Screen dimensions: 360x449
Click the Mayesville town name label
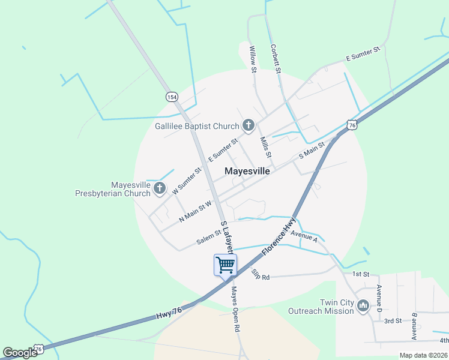click(x=247, y=171)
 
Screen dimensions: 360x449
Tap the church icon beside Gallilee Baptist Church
click(x=248, y=125)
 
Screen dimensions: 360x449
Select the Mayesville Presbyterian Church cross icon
click(x=159, y=189)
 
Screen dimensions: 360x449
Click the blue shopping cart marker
click(x=225, y=264)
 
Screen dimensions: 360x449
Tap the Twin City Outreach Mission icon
click(x=363, y=307)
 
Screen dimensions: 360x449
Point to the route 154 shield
click(x=172, y=97)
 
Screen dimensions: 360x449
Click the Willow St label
click(x=253, y=60)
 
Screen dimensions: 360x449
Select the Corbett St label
click(x=276, y=59)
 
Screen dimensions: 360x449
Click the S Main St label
click(x=312, y=151)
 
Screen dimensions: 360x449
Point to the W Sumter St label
click(x=187, y=181)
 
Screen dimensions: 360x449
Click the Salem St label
click(x=209, y=237)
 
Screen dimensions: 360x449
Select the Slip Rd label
click(x=261, y=275)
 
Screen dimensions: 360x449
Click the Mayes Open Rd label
click(x=235, y=310)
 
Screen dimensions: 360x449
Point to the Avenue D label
click(x=379, y=298)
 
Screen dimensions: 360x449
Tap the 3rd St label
click(x=393, y=321)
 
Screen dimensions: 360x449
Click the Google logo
click(x=20, y=353)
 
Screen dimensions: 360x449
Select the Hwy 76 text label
click(x=169, y=313)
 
